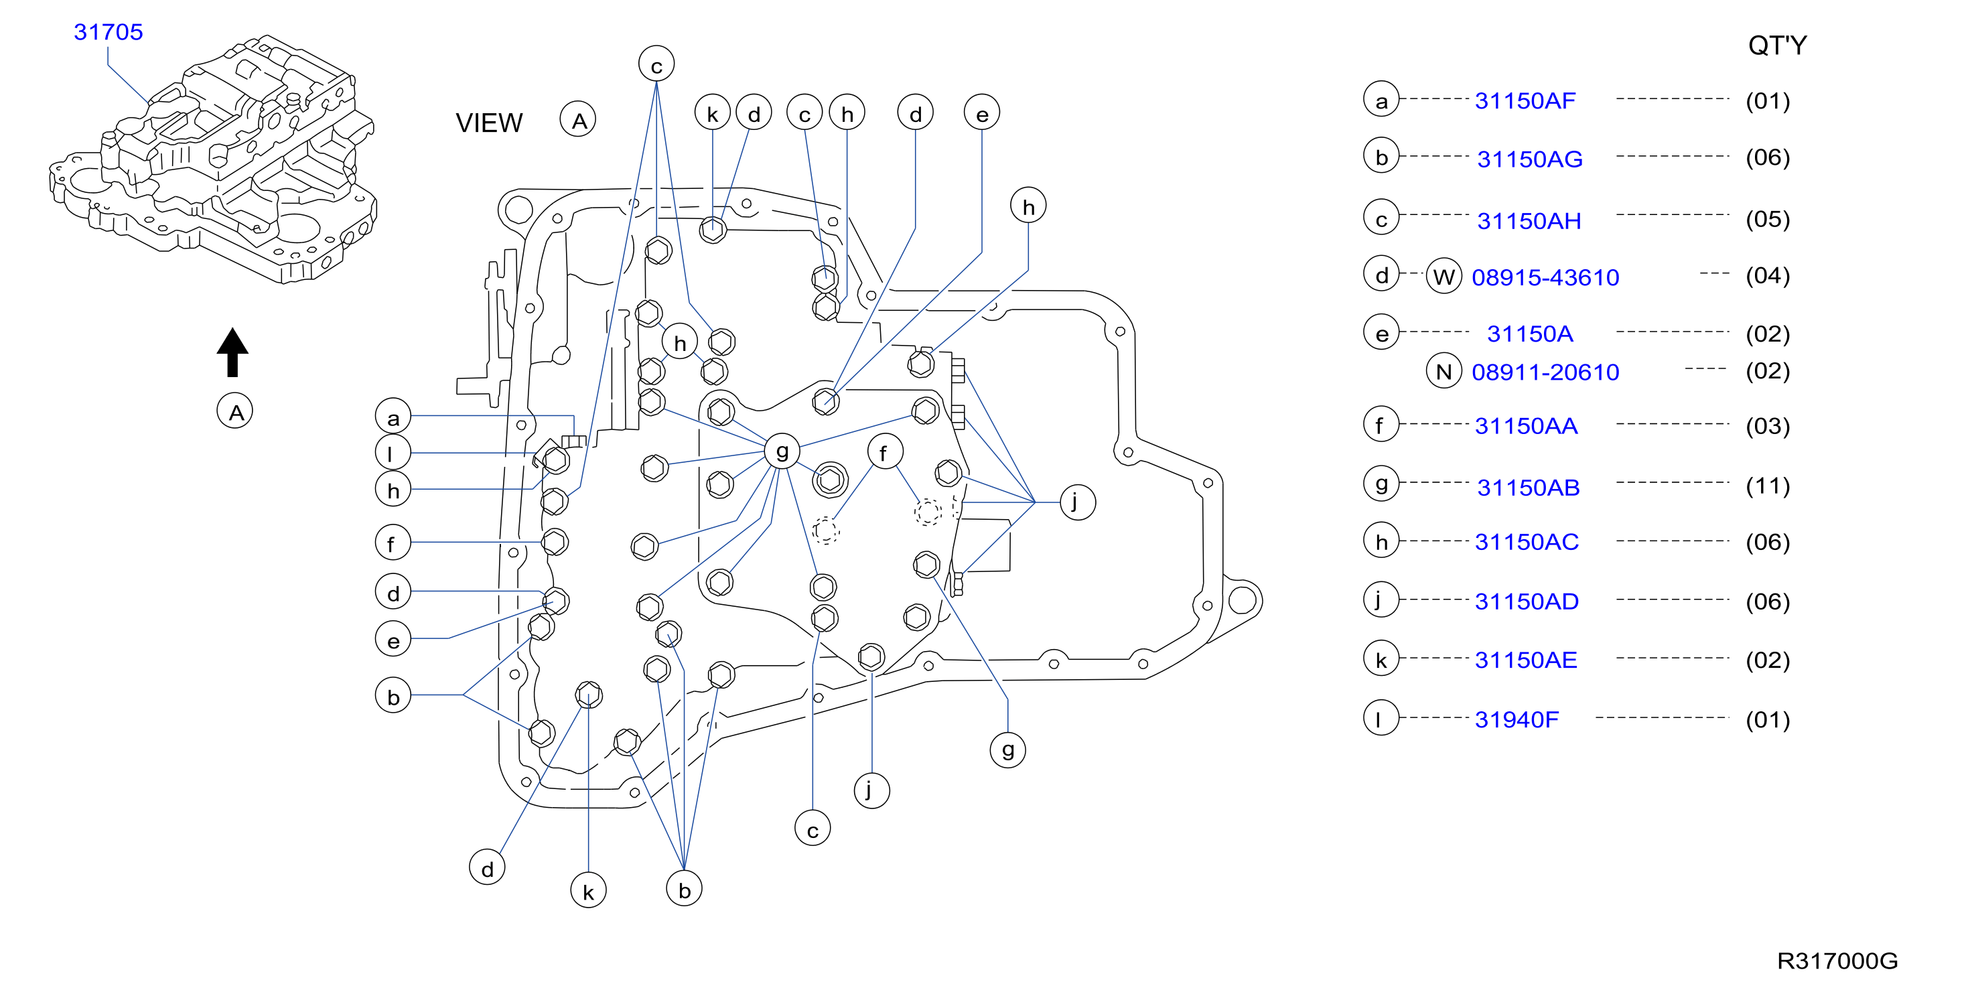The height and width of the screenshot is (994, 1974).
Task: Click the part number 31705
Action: (x=108, y=32)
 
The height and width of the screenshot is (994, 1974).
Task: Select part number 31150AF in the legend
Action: (x=1525, y=100)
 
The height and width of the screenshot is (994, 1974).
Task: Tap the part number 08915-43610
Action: (x=1545, y=277)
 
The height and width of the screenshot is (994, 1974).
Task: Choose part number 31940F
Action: (x=1517, y=719)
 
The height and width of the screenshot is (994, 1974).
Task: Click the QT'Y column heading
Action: (x=1777, y=46)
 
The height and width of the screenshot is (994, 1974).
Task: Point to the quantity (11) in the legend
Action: (x=1767, y=486)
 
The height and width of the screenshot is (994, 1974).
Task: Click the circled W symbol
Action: (x=1443, y=276)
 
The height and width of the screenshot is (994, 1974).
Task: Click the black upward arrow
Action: (x=232, y=352)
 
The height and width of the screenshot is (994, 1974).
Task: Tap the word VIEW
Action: (x=489, y=123)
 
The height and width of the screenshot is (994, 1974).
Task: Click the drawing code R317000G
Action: (x=1837, y=961)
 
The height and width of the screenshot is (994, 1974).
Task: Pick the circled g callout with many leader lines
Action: (x=782, y=451)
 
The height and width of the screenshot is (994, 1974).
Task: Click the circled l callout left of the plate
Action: (x=393, y=453)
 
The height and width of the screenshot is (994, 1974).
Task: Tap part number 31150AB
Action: (x=1528, y=488)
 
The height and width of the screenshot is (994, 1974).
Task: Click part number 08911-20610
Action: (x=1545, y=372)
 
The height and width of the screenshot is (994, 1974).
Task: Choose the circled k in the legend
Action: (x=1381, y=659)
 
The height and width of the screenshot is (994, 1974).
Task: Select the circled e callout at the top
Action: (x=981, y=113)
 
